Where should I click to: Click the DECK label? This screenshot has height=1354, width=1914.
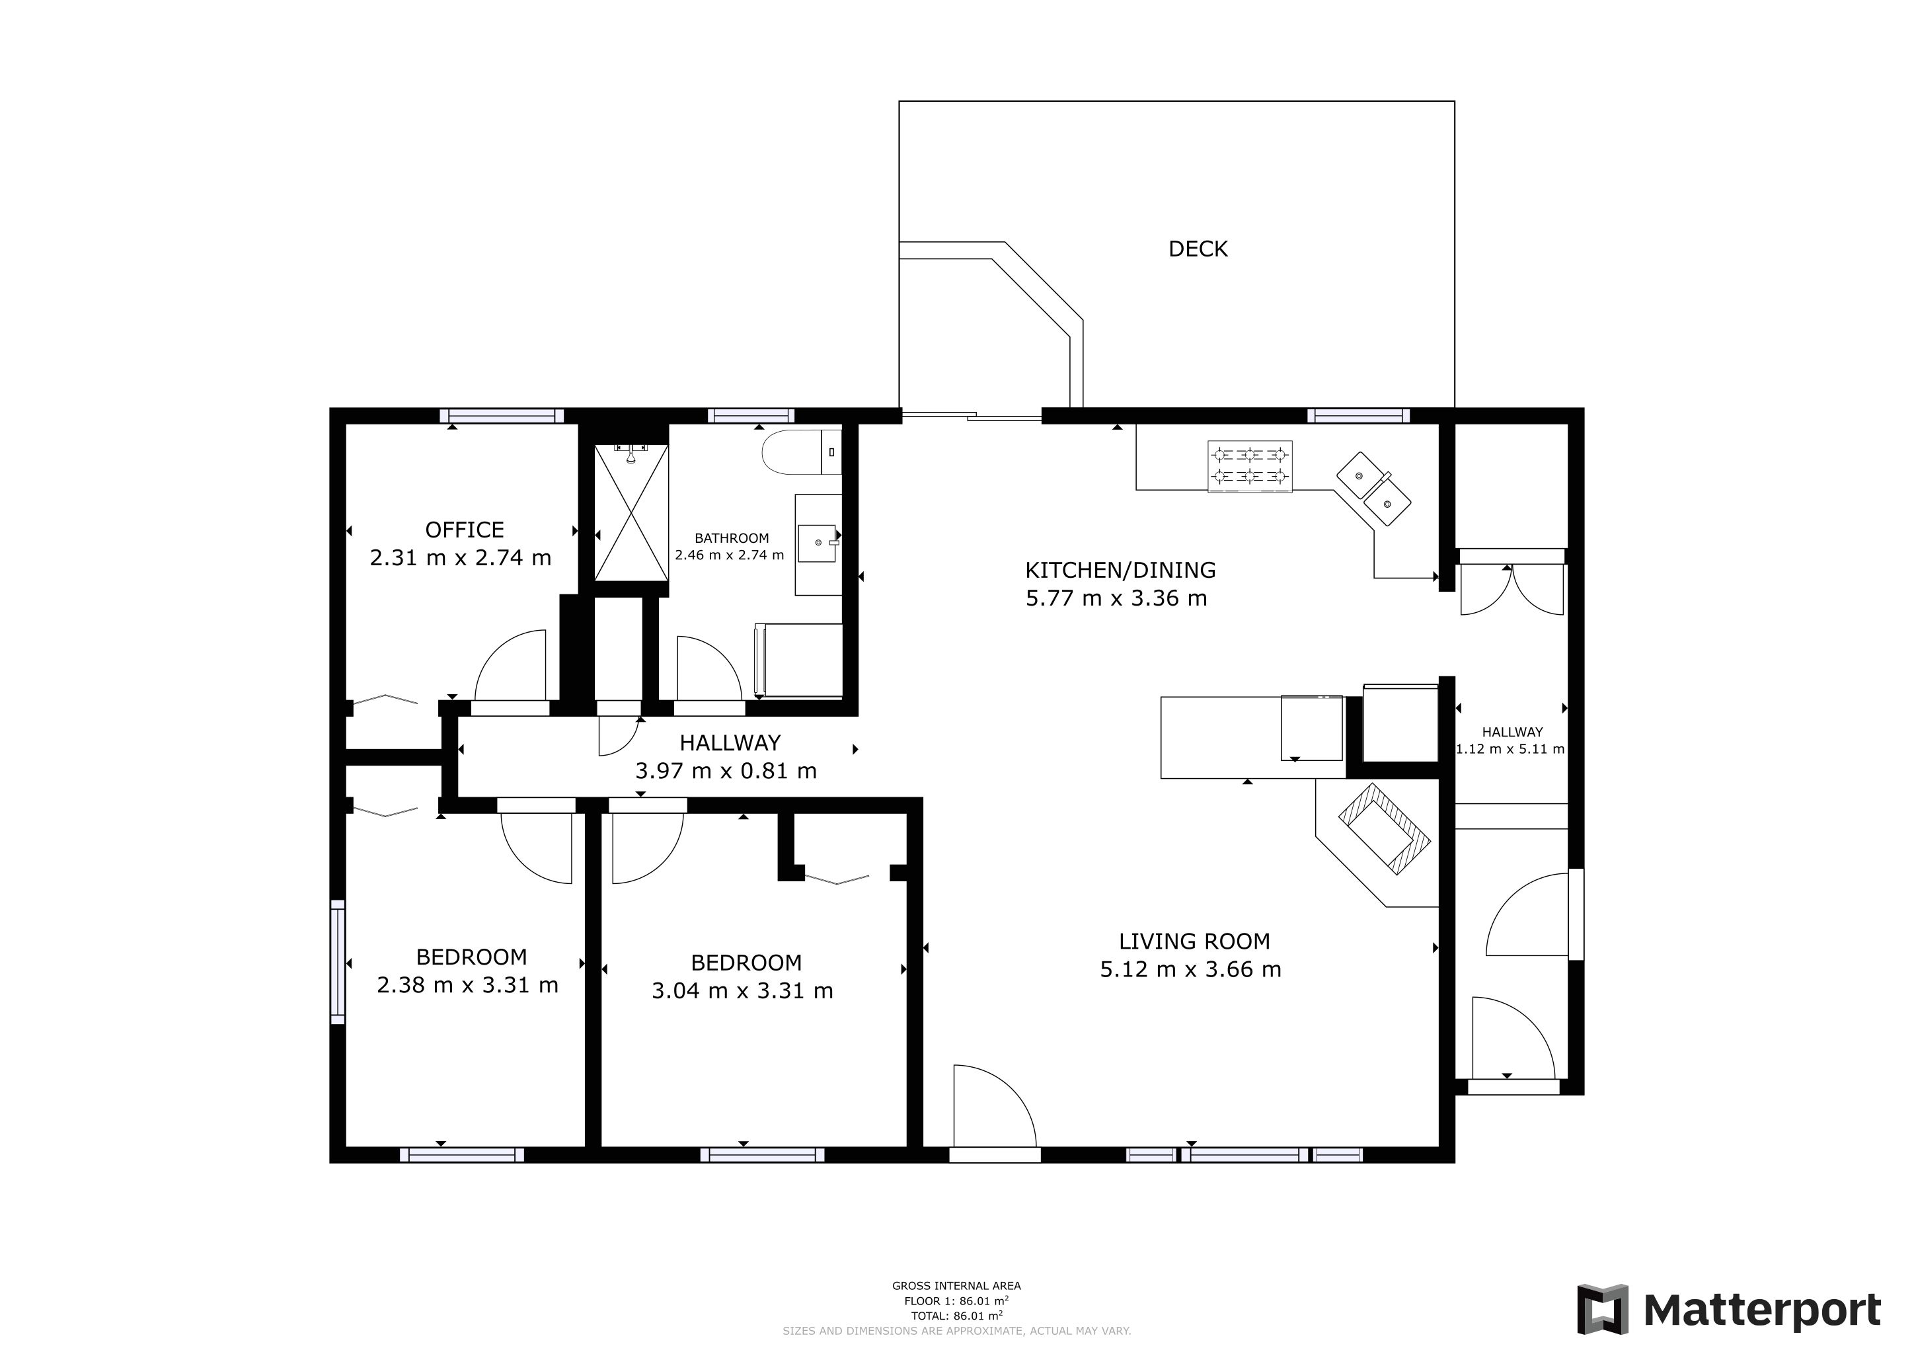pyautogui.click(x=1198, y=249)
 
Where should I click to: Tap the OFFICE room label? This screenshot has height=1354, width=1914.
pyautogui.click(x=465, y=530)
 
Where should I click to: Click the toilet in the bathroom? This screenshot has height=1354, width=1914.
pyautogui.click(x=801, y=452)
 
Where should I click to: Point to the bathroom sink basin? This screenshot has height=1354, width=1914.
pyautogui.click(x=818, y=543)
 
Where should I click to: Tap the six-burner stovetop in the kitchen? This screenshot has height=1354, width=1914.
pyautogui.click(x=1250, y=466)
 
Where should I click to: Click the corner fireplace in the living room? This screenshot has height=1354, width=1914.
pyautogui.click(x=1384, y=829)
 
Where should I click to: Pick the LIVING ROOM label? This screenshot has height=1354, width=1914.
pyautogui.click(x=1194, y=941)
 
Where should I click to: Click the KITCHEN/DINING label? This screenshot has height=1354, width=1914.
pyautogui.click(x=1120, y=571)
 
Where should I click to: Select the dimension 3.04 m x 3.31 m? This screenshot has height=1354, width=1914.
pyautogui.click(x=742, y=990)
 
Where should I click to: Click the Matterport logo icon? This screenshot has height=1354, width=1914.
pyautogui.click(x=1602, y=1310)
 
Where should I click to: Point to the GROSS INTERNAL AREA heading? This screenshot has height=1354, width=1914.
pyautogui.click(x=956, y=1286)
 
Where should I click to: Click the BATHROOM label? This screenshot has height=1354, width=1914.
pyautogui.click(x=732, y=539)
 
